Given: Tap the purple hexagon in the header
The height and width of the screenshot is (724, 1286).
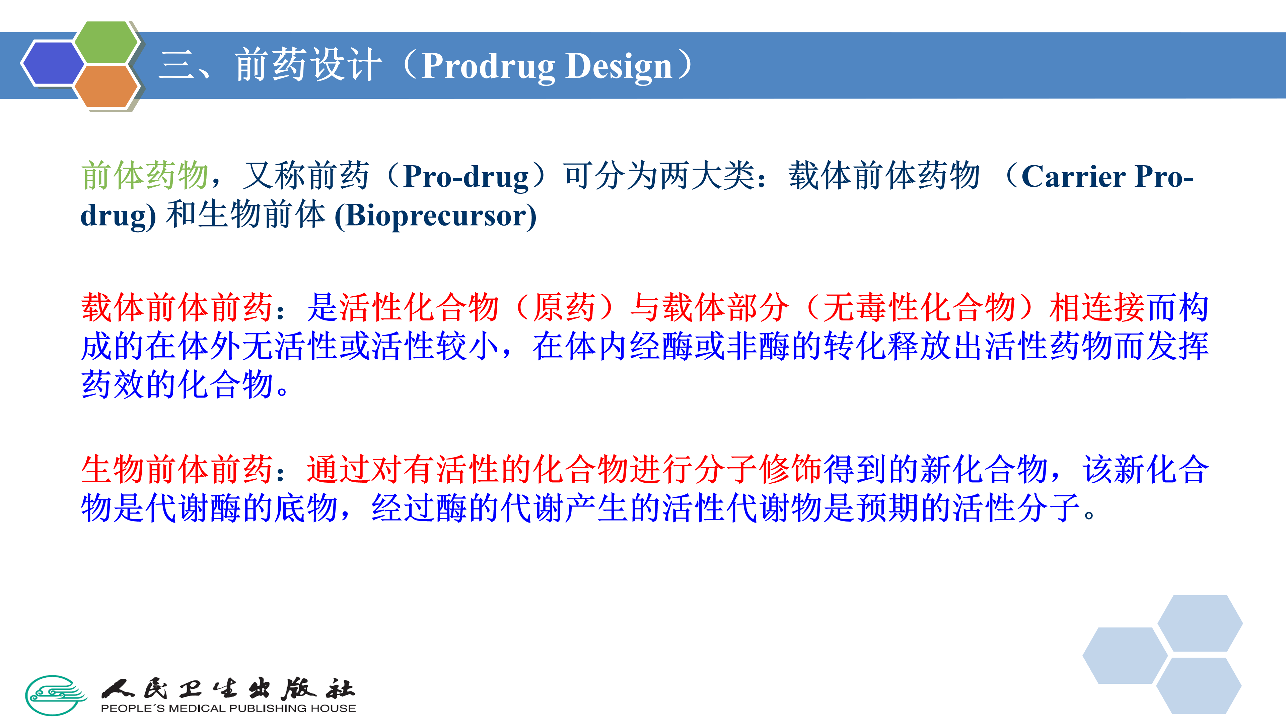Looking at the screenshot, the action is (x=53, y=63).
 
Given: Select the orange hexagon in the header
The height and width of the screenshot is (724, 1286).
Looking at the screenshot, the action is (x=106, y=86).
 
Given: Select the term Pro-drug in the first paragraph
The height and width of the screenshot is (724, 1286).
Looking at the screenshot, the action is (x=466, y=176).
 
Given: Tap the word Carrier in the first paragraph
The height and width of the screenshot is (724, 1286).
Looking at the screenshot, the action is (x=1073, y=176).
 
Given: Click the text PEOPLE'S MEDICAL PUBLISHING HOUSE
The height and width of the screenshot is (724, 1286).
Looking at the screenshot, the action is (x=228, y=708).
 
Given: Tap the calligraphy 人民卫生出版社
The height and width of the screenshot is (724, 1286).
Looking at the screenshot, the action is (x=228, y=688).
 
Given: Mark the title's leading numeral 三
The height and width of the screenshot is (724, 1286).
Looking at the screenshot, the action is (x=176, y=66).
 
